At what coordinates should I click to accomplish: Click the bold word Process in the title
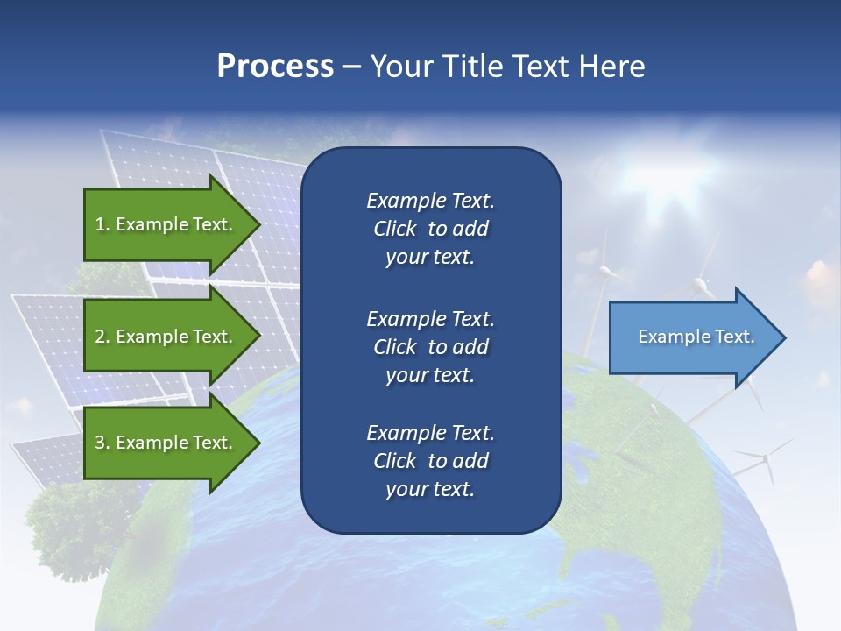click(x=275, y=66)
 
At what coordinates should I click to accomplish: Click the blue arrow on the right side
click(x=692, y=337)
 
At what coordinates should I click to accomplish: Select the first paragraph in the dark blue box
click(x=430, y=229)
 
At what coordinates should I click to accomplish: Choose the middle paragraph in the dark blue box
click(x=430, y=347)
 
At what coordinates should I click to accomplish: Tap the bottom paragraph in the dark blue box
click(x=430, y=461)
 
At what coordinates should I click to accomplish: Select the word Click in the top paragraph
click(x=394, y=229)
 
